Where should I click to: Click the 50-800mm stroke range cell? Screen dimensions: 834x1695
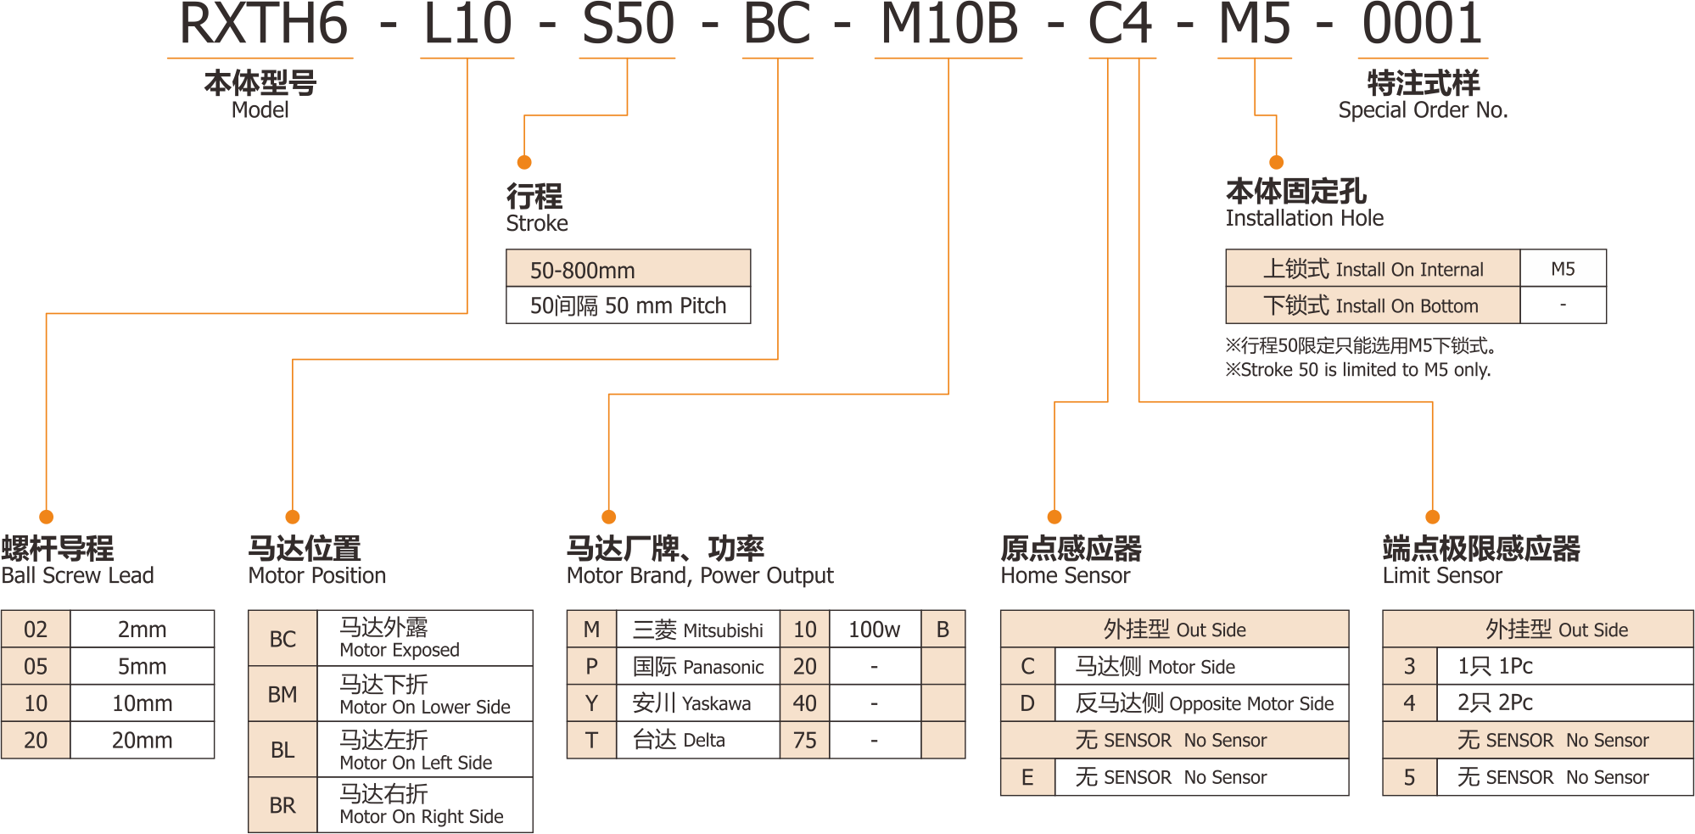point(628,270)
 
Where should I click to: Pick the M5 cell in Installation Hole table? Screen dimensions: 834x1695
point(1563,269)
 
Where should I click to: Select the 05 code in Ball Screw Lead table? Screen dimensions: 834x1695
point(36,667)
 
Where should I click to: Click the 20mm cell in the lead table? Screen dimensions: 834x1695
point(142,741)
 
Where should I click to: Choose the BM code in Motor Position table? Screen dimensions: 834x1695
point(282,695)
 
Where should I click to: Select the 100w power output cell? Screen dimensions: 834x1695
point(874,630)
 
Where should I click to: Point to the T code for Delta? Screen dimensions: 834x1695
point(591,741)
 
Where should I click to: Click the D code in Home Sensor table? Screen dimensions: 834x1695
point(1027,703)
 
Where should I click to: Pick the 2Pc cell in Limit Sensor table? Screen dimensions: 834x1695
point(1495,703)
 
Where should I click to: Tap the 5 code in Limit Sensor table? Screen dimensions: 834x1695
point(1409,777)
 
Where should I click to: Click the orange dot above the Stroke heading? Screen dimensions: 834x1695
point(524,162)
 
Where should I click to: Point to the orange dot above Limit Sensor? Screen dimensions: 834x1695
point(1433,517)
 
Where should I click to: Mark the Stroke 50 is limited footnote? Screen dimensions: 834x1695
point(1357,370)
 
